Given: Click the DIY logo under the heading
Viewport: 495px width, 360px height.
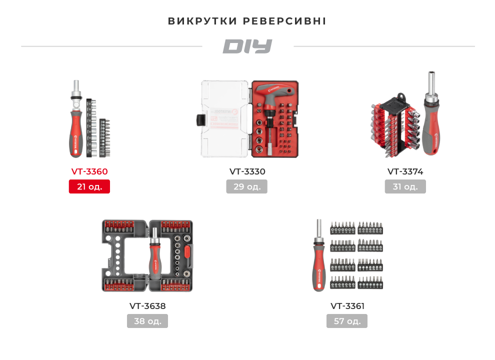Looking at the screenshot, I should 247,46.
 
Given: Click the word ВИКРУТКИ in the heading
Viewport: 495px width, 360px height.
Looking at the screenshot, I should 202,21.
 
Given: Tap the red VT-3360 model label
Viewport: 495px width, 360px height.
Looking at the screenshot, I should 89,171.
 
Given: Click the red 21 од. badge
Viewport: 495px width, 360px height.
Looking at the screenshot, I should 89,186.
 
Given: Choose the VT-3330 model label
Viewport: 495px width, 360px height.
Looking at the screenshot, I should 247,171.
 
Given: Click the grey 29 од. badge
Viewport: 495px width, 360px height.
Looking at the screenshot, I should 247,186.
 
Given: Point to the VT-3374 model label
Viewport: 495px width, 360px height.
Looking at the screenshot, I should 405,171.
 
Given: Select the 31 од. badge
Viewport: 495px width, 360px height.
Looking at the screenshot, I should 405,186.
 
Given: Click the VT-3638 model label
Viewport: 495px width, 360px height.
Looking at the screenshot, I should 147,306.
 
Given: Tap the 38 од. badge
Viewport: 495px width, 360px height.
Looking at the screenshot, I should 147,321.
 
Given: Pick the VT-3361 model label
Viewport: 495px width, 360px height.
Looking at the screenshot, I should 347,306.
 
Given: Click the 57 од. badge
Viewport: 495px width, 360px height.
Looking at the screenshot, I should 347,321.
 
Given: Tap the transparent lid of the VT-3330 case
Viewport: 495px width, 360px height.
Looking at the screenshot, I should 224,120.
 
